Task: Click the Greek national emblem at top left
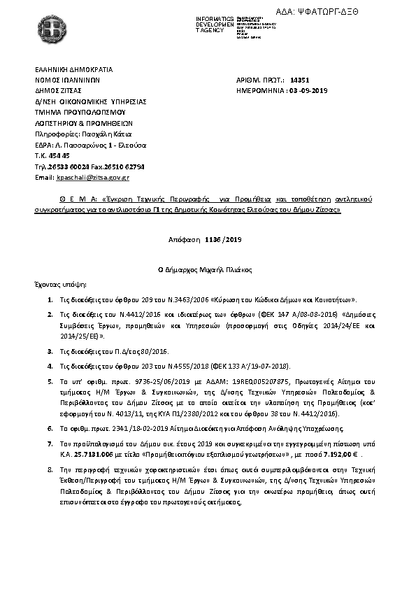click(52, 33)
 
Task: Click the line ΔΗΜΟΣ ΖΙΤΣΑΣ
click(59, 91)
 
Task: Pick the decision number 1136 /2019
click(223, 239)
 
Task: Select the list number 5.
click(50, 382)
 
